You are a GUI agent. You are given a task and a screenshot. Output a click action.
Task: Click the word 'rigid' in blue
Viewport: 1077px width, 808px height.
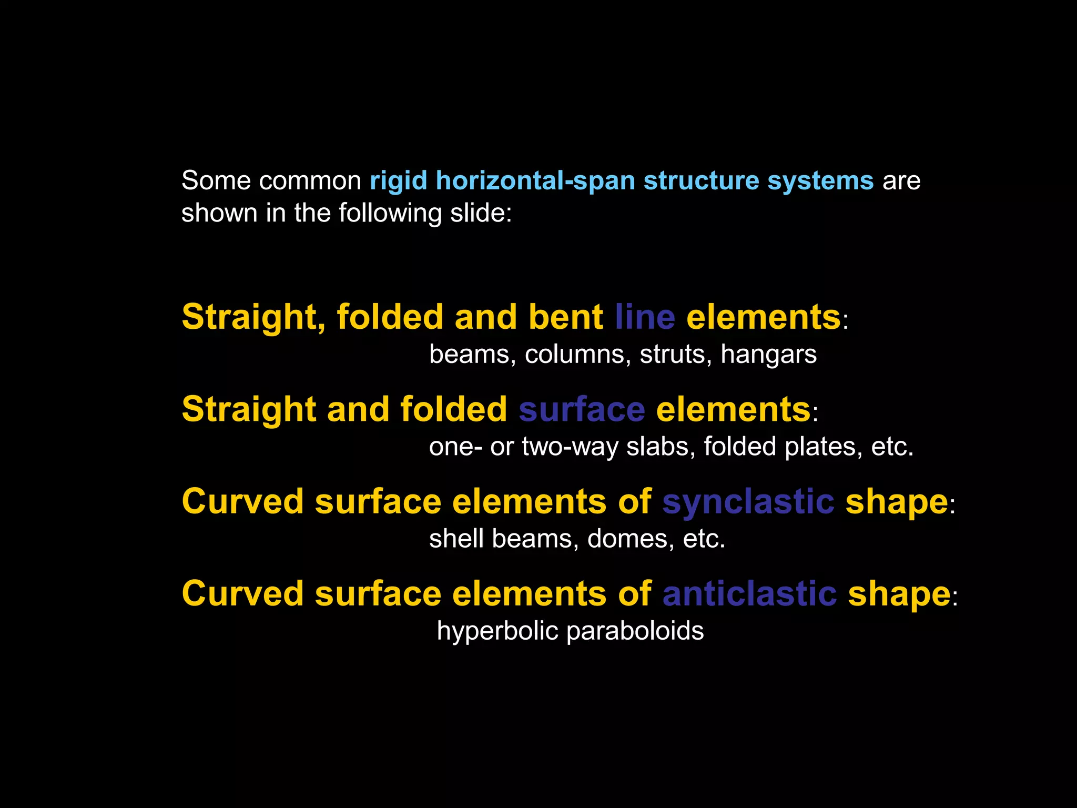pyautogui.click(x=398, y=181)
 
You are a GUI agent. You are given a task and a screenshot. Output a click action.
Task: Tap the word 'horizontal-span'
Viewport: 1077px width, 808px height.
pyautogui.click(x=535, y=181)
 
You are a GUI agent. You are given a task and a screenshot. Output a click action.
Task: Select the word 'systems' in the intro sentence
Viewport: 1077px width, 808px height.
pyautogui.click(x=820, y=181)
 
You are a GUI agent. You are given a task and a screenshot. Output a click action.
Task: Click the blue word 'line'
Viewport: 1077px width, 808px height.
pyautogui.click(x=645, y=317)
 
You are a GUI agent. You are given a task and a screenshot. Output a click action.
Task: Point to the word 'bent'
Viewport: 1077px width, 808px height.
pyautogui.click(x=565, y=317)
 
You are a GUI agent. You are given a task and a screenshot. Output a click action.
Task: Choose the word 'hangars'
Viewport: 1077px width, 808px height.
pyautogui.click(x=768, y=355)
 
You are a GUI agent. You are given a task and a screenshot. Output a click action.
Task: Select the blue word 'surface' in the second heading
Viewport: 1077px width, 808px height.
pyautogui.click(x=582, y=409)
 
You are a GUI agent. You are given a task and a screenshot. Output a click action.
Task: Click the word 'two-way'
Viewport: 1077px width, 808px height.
pyautogui.click(x=570, y=447)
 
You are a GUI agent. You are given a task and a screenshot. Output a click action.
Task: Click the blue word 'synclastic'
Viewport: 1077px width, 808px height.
pyautogui.click(x=748, y=501)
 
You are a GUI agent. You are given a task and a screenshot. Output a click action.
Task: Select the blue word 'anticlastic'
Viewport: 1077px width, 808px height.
pyautogui.click(x=749, y=594)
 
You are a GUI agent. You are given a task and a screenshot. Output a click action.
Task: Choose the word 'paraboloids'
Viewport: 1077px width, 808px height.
pyautogui.click(x=635, y=631)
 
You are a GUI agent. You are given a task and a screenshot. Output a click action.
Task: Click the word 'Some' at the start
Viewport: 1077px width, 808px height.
pyautogui.click(x=216, y=181)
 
